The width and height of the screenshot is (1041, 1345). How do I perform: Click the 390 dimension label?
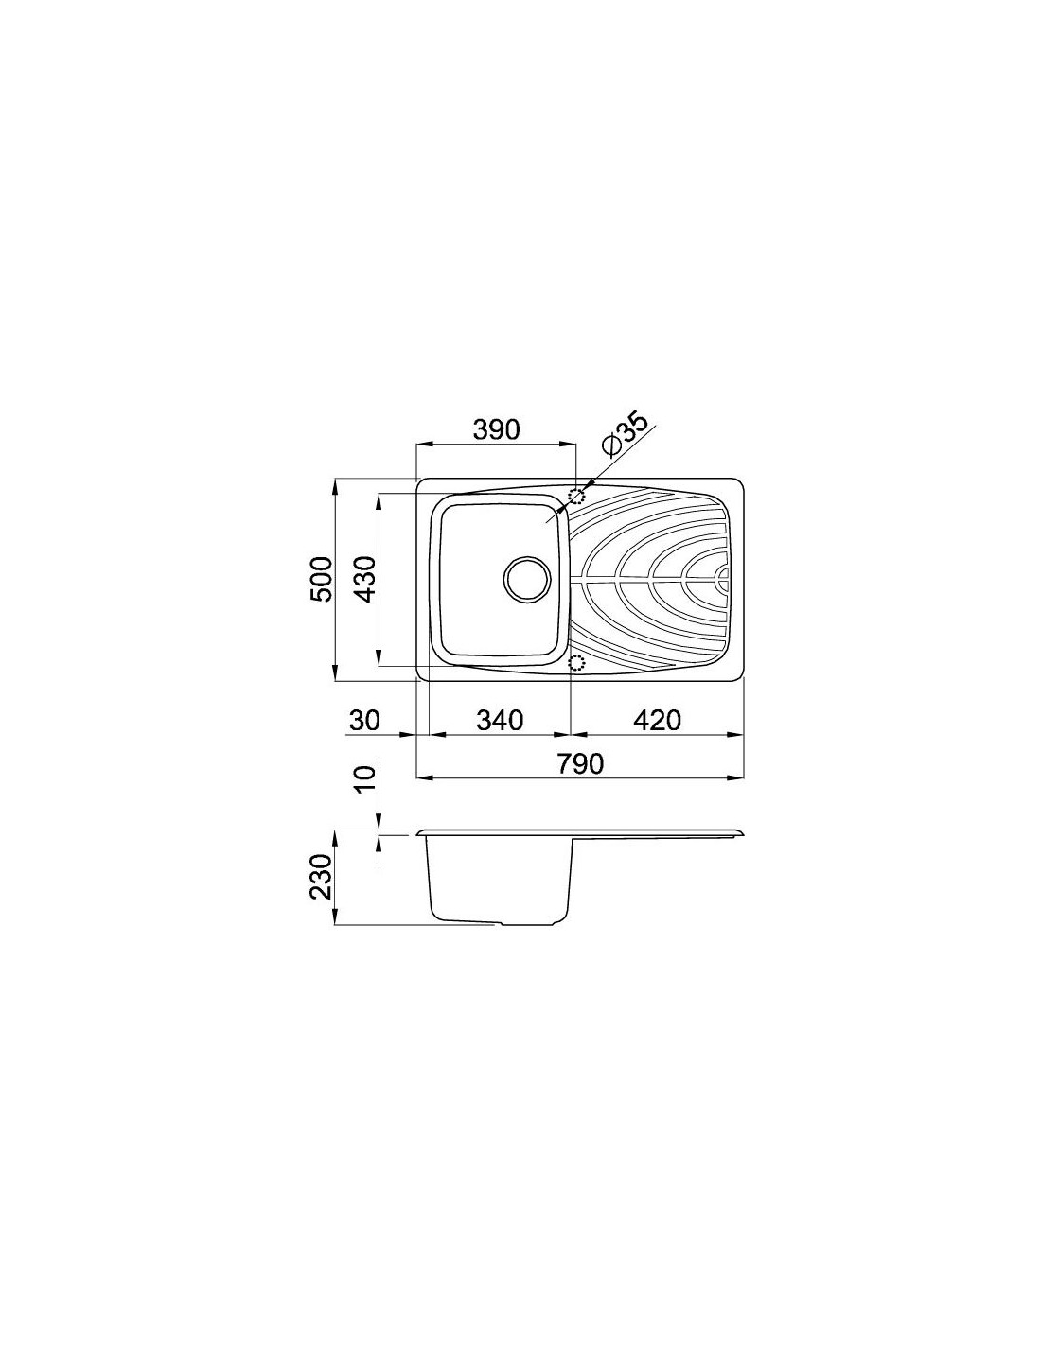(x=495, y=429)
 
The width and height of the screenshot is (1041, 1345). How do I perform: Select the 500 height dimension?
(x=322, y=580)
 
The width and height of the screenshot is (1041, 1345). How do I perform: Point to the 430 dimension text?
(x=366, y=580)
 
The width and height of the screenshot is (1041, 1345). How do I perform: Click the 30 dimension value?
(x=364, y=720)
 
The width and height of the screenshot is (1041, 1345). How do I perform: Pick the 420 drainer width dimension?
(x=658, y=720)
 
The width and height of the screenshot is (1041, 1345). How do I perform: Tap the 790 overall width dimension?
(x=579, y=764)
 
